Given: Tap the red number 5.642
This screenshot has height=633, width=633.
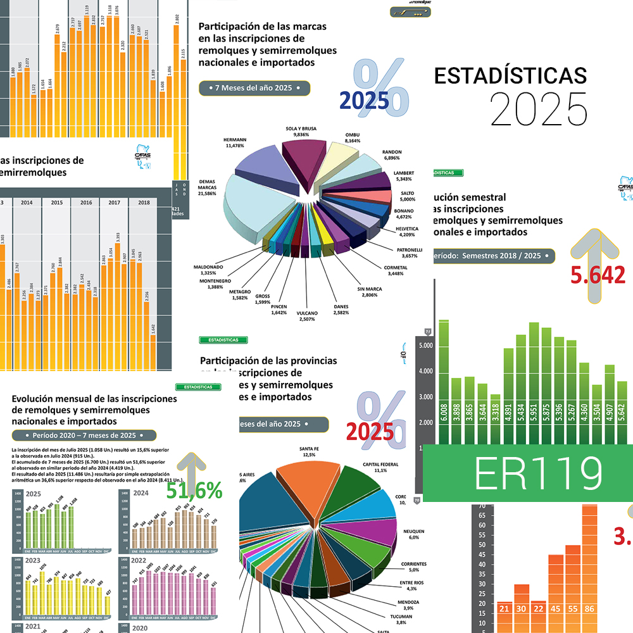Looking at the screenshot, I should tap(598, 275).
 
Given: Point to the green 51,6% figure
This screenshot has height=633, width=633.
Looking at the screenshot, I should tap(194, 490).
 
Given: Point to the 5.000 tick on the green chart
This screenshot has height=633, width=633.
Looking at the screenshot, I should tap(425, 346).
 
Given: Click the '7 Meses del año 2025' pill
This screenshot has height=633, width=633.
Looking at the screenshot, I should tap(254, 88).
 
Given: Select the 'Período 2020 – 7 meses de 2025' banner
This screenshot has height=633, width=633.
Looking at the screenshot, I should tap(84, 436).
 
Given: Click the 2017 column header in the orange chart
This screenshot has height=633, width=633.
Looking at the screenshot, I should tap(115, 203).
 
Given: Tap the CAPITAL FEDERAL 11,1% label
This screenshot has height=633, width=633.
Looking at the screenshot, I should tap(380, 467).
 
